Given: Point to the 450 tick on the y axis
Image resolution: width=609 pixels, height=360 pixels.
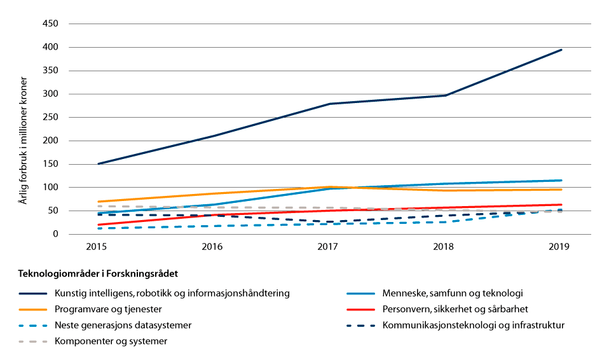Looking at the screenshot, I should [50, 24].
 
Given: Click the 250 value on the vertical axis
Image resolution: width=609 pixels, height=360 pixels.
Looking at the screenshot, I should [50, 118].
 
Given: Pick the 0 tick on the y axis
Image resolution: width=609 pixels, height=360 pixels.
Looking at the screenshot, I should [55, 234].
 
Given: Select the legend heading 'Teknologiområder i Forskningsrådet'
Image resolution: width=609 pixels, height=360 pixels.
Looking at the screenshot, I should [98, 273].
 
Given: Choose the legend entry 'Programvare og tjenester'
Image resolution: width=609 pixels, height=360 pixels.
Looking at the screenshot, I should [107, 309].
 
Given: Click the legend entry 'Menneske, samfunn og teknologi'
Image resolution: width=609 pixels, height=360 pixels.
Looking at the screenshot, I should [452, 293].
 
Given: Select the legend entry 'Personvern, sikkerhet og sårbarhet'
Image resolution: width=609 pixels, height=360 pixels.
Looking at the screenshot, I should [455, 309].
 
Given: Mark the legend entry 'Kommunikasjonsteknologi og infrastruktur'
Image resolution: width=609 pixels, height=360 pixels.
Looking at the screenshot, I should [473, 325].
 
